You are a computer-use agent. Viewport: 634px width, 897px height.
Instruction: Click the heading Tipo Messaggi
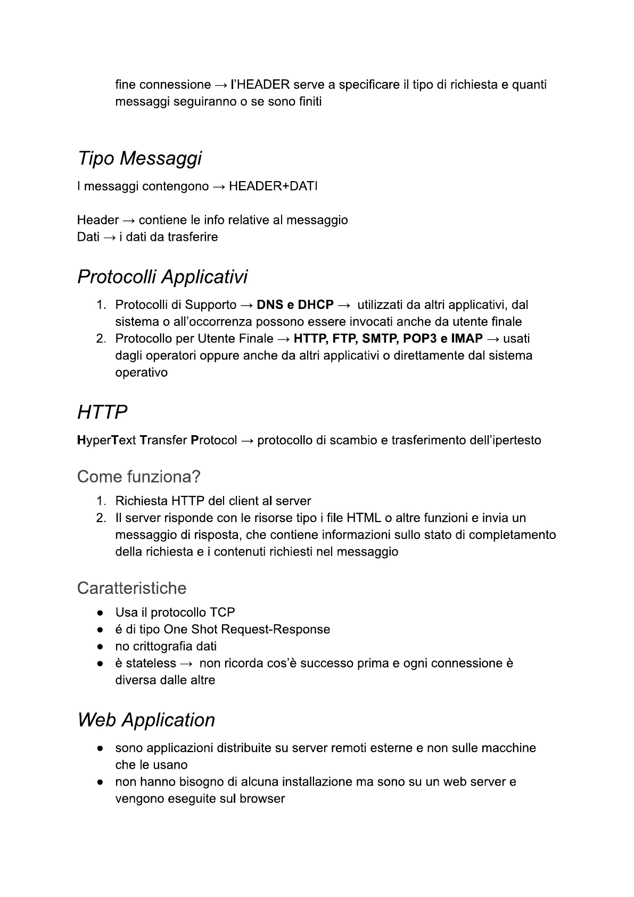(139, 159)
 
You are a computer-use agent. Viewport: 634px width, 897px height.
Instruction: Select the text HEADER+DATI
(273, 186)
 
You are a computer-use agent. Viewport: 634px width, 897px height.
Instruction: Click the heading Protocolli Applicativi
(162, 277)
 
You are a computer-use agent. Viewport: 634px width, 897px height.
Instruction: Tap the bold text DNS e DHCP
(295, 305)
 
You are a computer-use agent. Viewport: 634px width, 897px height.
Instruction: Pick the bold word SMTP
(378, 339)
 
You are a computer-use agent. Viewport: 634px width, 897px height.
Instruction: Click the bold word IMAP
(466, 339)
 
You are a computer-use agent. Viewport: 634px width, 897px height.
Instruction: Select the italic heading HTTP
(102, 412)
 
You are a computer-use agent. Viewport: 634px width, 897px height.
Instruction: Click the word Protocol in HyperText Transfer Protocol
(213, 441)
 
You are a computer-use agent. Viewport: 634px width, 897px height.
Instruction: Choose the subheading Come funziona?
(138, 477)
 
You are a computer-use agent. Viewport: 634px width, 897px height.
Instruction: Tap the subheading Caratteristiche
(131, 589)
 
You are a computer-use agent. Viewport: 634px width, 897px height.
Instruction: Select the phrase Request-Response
(275, 630)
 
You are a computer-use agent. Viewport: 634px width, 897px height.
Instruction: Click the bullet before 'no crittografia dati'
(100, 647)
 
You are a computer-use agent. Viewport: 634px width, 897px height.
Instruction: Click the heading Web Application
(146, 720)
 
